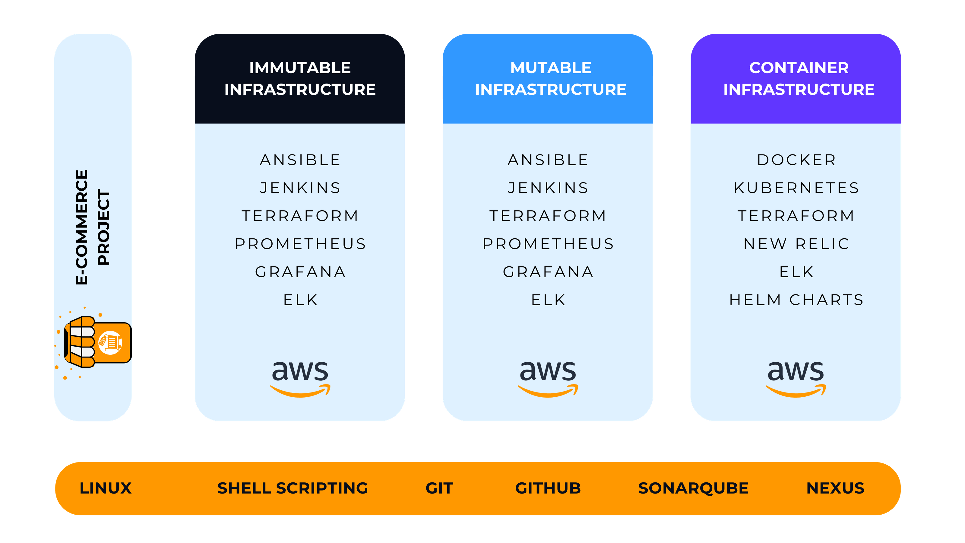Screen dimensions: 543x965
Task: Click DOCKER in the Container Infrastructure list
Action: tap(796, 160)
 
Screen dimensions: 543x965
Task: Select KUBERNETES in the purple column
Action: tap(796, 188)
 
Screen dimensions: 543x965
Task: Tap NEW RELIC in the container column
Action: tap(796, 244)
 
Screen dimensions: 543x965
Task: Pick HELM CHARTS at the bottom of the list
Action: tap(796, 300)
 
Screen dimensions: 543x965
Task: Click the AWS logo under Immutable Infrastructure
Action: tap(300, 378)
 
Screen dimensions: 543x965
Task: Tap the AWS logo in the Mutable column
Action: tap(548, 378)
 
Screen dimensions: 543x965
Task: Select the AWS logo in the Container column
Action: tap(796, 378)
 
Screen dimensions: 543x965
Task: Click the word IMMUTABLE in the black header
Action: tap(300, 68)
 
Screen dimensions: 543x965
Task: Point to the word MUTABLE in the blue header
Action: tap(551, 68)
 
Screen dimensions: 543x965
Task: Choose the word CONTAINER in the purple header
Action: tap(799, 68)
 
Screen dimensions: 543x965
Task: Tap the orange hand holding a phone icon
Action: tap(96, 342)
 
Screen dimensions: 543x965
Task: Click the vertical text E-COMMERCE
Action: tap(82, 227)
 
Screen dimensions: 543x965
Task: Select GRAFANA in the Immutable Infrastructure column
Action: tap(300, 272)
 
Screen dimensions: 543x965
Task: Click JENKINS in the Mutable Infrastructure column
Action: tap(548, 188)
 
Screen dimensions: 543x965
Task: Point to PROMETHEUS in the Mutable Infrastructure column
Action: tap(548, 244)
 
